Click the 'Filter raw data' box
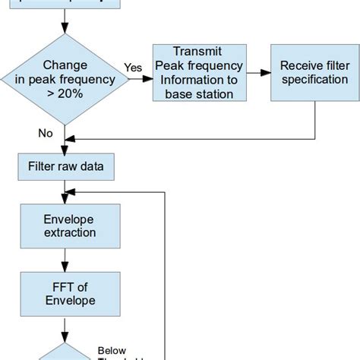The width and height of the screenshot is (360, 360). [x=66, y=166]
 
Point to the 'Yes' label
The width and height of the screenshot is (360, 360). [x=133, y=68]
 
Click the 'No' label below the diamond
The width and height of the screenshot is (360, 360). [x=45, y=133]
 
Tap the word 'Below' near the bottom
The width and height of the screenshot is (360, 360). [x=112, y=350]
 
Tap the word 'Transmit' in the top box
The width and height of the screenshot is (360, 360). [x=197, y=52]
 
